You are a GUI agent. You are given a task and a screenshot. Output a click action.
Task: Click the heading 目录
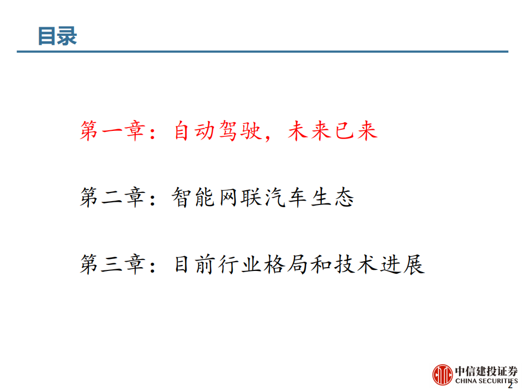click(x=57, y=36)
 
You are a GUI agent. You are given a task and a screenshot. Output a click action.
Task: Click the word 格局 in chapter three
click(x=286, y=265)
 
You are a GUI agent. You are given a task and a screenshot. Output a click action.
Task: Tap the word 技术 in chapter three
click(x=356, y=265)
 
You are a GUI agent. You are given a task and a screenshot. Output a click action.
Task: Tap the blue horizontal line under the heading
click(x=262, y=52)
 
